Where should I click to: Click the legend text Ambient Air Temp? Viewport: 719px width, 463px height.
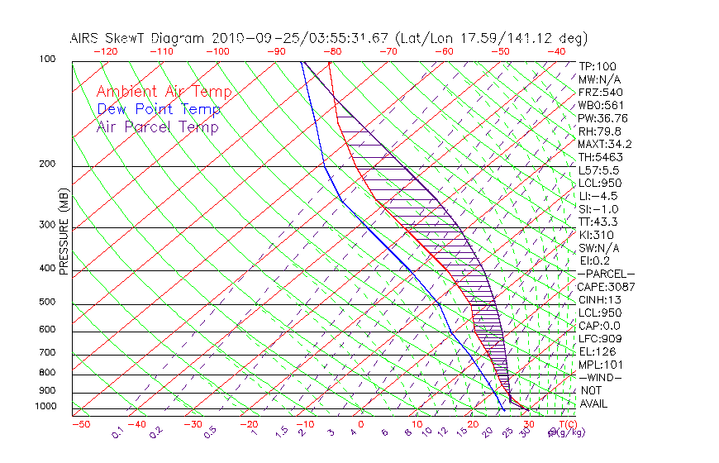tap(164, 92)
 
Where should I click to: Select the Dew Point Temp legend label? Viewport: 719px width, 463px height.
tap(159, 109)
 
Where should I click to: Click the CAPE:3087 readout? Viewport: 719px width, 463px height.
tap(606, 287)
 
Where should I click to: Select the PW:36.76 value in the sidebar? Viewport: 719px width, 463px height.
tap(603, 118)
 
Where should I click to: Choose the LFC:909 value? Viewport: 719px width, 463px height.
tap(600, 339)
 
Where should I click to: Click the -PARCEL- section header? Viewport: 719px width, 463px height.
tap(606, 274)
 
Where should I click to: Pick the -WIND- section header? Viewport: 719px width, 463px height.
tap(601, 377)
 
